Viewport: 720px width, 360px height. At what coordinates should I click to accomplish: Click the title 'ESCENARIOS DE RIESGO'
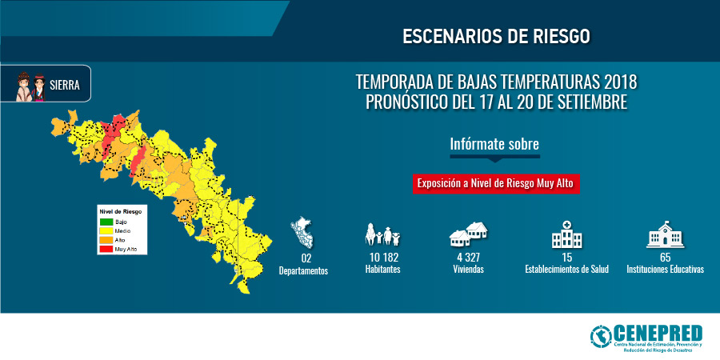tap(496, 37)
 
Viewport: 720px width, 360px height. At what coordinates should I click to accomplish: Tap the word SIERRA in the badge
tap(65, 85)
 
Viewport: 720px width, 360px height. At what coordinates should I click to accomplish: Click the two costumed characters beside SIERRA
tap(30, 86)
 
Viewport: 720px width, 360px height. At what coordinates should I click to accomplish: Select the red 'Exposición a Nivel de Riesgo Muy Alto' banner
tap(495, 184)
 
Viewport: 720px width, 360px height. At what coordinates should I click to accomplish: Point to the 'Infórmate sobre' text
tap(494, 144)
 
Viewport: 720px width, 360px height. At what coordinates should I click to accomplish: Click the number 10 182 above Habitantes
tap(382, 258)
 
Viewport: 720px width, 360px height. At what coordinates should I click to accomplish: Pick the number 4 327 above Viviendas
tap(468, 258)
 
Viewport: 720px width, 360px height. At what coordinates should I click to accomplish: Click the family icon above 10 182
tap(382, 234)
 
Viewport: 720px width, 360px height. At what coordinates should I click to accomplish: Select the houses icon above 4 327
tap(468, 234)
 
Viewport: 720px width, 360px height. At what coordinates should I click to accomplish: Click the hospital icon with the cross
tap(566, 234)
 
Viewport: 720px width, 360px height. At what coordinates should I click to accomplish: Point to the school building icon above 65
tap(665, 234)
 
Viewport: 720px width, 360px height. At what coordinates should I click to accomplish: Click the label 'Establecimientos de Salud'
tap(566, 270)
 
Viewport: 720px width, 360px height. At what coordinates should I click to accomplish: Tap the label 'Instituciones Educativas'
tap(665, 270)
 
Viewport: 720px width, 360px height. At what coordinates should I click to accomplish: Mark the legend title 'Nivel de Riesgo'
tap(120, 212)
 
